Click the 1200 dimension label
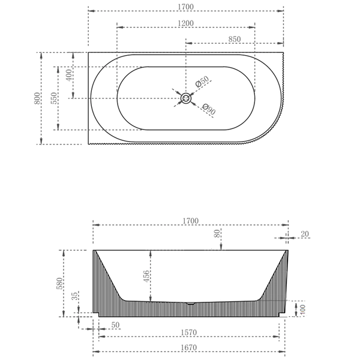click(x=185, y=22)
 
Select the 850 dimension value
click(x=235, y=38)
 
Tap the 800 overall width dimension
click(x=37, y=98)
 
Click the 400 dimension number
click(x=69, y=76)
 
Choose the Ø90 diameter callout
click(x=208, y=110)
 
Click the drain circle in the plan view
click(x=186, y=98)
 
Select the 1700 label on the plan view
click(x=185, y=6)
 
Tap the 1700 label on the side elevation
click(x=190, y=221)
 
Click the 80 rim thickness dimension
click(x=216, y=234)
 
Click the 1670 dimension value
click(x=190, y=347)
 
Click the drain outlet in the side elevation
click(x=190, y=304)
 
